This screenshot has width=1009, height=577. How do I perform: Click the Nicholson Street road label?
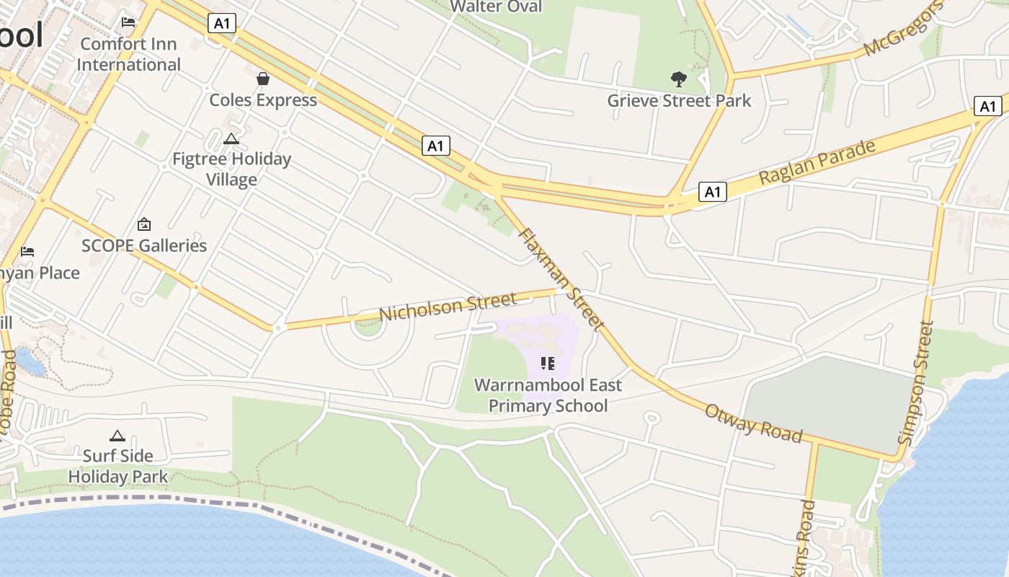[448, 307]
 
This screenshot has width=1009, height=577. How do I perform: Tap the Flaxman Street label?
[560, 279]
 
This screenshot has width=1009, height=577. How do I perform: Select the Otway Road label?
[753, 423]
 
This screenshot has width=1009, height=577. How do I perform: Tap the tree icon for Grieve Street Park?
[678, 79]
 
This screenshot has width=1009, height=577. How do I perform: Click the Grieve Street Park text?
[679, 100]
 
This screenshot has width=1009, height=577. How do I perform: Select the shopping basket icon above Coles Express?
[263, 78]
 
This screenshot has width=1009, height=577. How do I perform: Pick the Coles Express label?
[263, 100]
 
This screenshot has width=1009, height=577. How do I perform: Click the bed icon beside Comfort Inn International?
[128, 22]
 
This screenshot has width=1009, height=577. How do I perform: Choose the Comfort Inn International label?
[128, 54]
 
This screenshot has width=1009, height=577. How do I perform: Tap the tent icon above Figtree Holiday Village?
[231, 138]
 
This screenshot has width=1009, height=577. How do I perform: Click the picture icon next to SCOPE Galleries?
[144, 224]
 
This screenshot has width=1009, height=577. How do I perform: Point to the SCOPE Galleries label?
[144, 245]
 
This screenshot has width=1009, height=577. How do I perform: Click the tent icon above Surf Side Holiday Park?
[117, 436]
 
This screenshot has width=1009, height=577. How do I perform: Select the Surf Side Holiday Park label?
[118, 466]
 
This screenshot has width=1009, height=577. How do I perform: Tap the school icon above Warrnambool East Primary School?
[547, 363]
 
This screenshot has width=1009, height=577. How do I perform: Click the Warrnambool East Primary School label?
[548, 395]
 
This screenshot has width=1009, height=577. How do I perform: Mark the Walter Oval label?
[496, 6]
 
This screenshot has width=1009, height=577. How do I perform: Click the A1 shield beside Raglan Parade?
[712, 192]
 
